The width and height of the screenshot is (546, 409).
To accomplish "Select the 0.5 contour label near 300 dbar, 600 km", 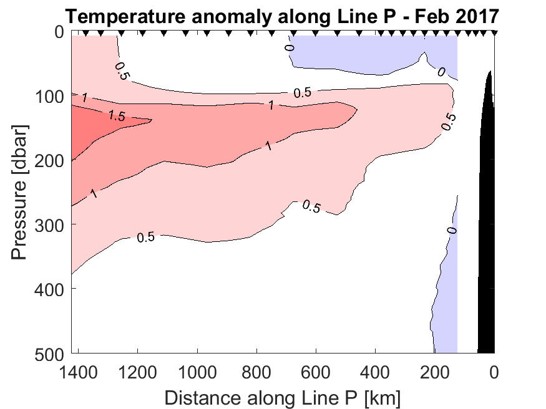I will [311, 206].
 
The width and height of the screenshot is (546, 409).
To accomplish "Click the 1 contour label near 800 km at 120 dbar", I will [271, 106].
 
